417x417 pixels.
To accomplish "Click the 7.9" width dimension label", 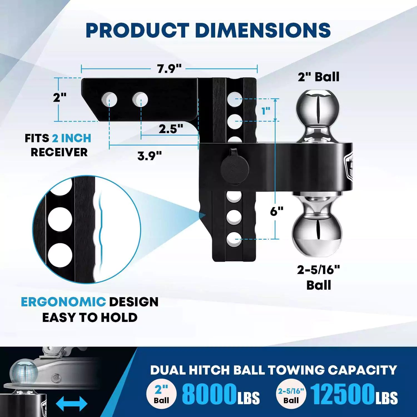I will tap(169, 69).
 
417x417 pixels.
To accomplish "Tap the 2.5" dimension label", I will tap(171, 129).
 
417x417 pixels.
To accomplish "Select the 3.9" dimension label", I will tap(150, 156).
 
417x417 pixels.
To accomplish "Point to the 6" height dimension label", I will tap(277, 212).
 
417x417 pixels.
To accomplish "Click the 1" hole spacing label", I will tap(266, 111).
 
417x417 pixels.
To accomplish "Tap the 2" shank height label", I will tap(60, 98).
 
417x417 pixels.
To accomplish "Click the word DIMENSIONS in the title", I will tap(263, 30).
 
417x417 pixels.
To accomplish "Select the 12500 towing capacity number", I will tap(342, 394).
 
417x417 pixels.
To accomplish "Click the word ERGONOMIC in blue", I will tap(63, 302).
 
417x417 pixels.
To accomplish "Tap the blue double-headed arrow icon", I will tap(71, 403).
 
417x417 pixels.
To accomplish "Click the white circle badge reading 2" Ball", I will tap(162, 394).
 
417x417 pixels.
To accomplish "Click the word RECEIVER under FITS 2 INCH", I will tap(59, 152).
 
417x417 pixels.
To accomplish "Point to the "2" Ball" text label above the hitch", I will tap(319, 77).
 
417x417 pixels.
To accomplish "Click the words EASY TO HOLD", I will tap(90, 317).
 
